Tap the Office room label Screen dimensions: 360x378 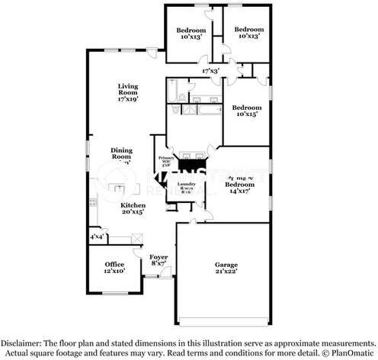114,264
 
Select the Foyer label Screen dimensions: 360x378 159,257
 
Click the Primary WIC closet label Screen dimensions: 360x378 166,159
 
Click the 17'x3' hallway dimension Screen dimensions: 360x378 210,71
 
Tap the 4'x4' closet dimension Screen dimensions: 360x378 98,237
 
